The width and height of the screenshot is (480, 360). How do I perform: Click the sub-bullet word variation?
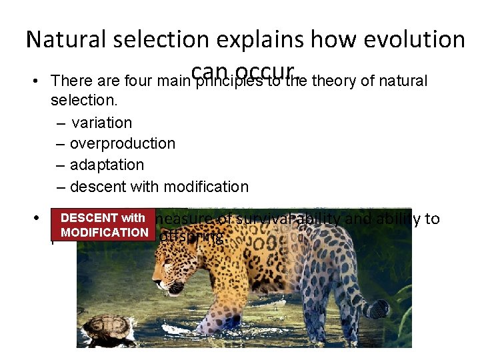click(101, 123)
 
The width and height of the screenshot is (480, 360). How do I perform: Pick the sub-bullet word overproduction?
click(122, 144)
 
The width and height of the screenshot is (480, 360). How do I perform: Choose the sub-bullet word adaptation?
click(107, 165)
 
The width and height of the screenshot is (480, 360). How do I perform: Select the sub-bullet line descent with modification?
click(159, 187)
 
